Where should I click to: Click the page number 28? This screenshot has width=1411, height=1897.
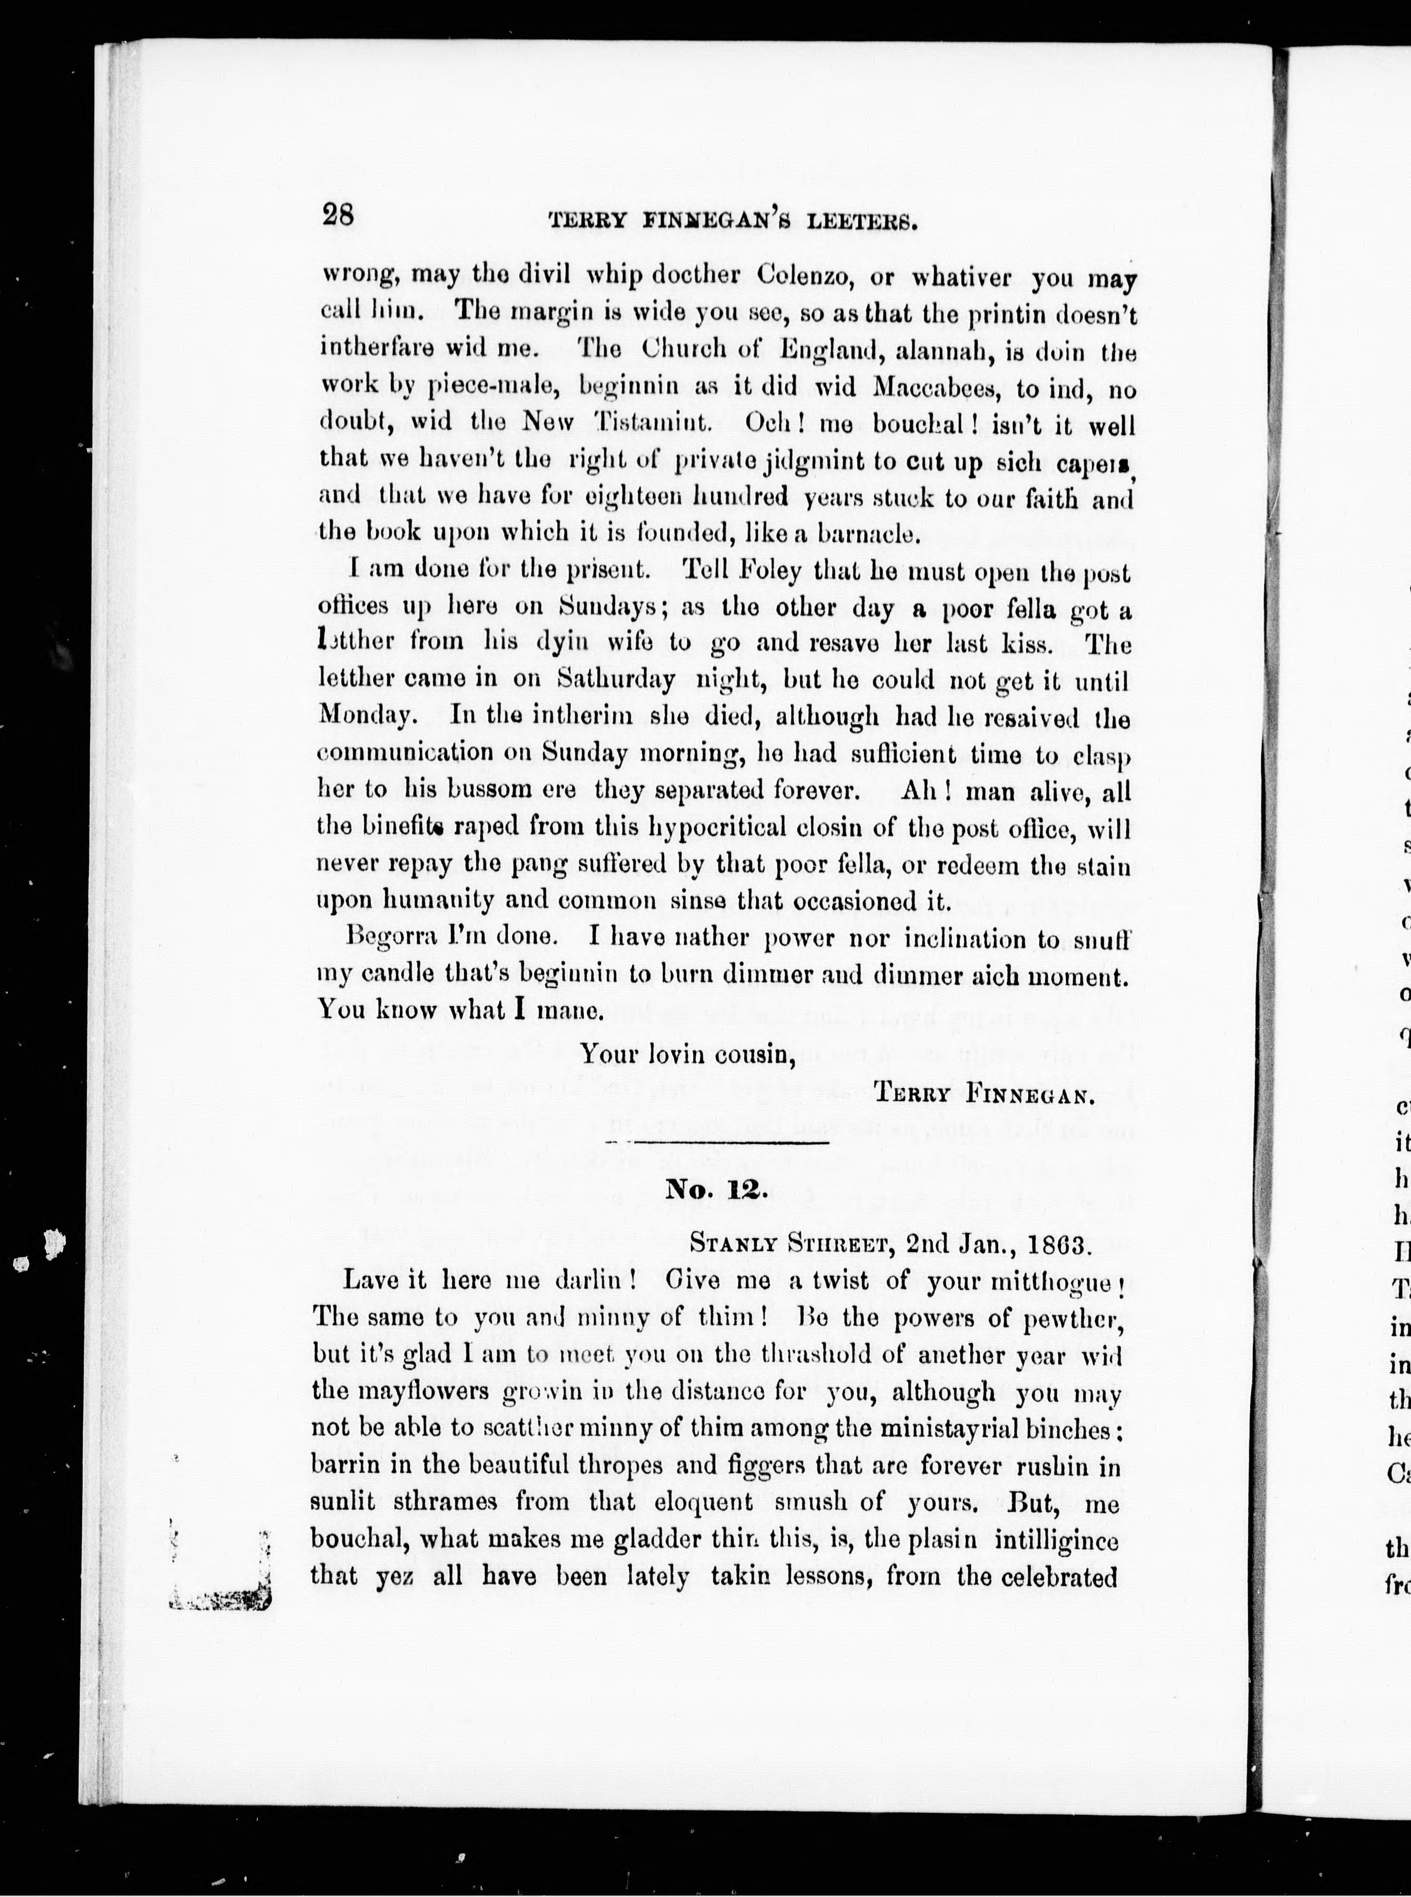pyautogui.click(x=339, y=214)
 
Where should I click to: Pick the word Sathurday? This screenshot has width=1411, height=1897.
pyautogui.click(x=616, y=680)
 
